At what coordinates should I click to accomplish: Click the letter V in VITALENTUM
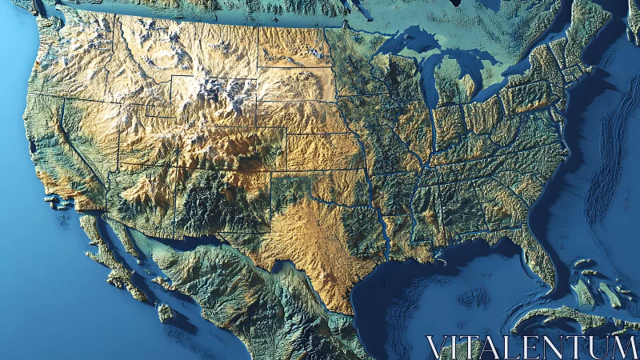(x=437, y=347)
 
